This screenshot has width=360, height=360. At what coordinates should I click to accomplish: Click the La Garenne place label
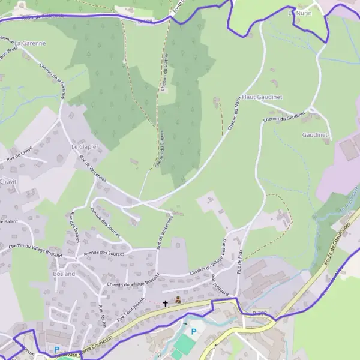(x=30, y=43)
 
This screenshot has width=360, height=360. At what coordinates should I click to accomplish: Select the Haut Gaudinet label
(x=262, y=97)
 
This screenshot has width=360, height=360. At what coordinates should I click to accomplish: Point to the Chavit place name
(x=8, y=181)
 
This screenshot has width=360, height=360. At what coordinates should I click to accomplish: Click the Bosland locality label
(x=64, y=274)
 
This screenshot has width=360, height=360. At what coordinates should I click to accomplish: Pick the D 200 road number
(x=259, y=313)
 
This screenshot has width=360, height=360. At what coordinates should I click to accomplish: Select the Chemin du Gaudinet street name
(x=284, y=116)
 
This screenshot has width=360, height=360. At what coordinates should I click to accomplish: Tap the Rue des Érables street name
(x=75, y=227)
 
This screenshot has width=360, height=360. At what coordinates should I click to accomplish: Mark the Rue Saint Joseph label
(x=131, y=308)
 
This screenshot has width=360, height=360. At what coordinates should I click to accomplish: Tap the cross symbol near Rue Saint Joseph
(x=166, y=304)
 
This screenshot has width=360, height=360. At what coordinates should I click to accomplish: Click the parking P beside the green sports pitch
(x=193, y=331)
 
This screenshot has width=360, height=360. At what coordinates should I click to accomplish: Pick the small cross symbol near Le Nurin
(x=327, y=19)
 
